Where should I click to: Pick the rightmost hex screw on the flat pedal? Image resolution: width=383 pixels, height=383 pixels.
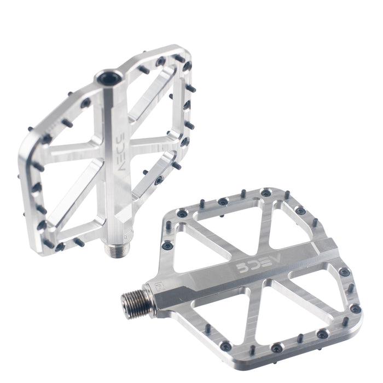tap(356, 309)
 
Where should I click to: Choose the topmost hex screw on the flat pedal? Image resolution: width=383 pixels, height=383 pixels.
tap(266, 193)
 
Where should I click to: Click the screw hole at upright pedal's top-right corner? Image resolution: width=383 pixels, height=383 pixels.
tap(187, 66)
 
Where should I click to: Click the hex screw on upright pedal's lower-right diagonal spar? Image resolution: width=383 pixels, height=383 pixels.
tap(159, 180)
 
